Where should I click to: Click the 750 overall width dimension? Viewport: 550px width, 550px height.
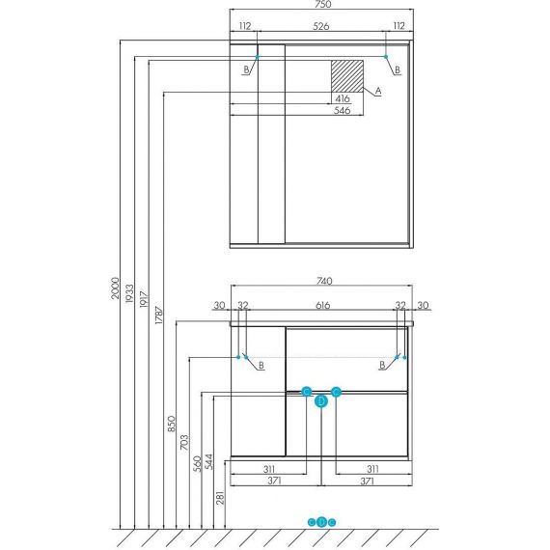322,4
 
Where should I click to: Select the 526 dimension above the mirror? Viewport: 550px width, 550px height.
321,26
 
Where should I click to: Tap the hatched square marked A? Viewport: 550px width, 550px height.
347,76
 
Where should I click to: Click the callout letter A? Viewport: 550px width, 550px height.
378,91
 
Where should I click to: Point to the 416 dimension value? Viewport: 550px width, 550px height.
343,98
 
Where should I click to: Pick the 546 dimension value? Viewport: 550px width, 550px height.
342,110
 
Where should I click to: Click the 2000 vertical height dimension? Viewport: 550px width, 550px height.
116,288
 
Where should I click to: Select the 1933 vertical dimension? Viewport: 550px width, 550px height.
130,293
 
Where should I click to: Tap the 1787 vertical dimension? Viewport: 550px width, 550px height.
159,315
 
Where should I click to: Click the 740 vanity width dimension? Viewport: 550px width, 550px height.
324,281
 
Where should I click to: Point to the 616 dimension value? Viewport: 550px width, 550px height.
322,305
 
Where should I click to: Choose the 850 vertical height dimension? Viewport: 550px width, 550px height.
171,424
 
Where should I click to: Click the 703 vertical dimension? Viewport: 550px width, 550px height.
183,442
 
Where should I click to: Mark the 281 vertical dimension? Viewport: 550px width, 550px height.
220,498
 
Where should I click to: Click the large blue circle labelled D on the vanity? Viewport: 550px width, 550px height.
321,401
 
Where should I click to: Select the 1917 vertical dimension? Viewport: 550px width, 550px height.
144,299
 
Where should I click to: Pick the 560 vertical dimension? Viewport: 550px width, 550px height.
198,463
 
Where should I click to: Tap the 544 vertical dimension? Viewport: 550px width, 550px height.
208,461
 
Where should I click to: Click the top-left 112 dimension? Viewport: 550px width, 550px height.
245,26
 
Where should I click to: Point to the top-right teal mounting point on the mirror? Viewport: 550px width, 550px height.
386,57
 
